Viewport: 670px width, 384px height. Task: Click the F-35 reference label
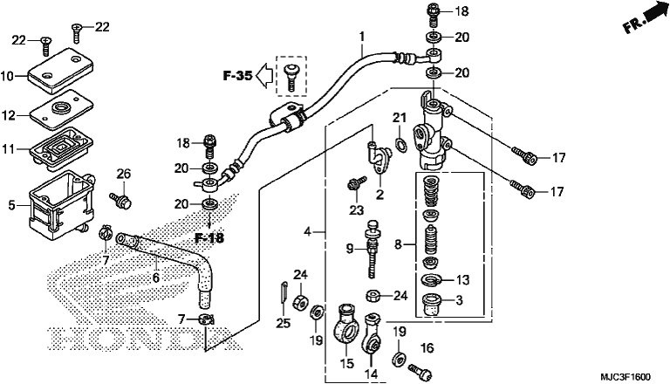point(237,76)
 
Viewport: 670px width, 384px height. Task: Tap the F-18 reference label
point(209,238)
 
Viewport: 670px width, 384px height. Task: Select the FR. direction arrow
point(645,18)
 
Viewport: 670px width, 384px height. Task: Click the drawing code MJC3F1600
point(626,377)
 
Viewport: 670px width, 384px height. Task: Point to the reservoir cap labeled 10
point(61,71)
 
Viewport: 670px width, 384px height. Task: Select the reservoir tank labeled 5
point(61,204)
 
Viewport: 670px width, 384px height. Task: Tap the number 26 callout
point(124,174)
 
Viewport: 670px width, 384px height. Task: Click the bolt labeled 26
point(121,201)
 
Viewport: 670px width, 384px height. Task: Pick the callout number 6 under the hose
point(156,278)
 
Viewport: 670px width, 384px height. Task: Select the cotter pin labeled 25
point(284,292)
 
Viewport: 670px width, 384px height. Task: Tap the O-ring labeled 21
point(400,145)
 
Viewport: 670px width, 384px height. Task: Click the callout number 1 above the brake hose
point(362,37)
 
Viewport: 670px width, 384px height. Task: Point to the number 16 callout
point(427,348)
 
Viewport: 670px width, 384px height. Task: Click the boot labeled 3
point(432,305)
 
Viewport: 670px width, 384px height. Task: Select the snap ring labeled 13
point(432,280)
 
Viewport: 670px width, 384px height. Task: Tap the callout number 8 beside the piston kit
point(398,244)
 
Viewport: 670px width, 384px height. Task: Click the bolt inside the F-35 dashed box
point(291,76)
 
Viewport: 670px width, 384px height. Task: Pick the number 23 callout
point(356,210)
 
